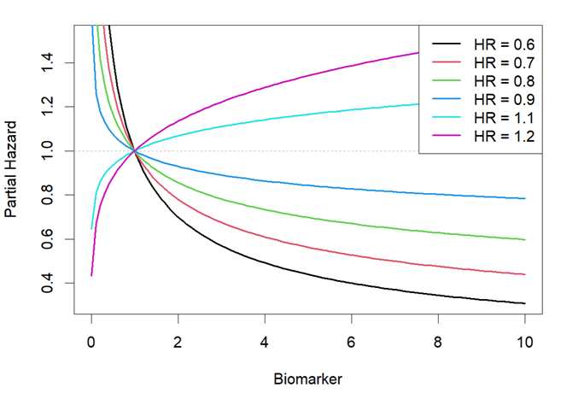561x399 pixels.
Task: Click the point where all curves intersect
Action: (134, 151)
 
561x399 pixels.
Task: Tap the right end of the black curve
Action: (524, 303)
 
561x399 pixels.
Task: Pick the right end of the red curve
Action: (524, 274)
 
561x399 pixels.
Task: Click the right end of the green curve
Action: (524, 240)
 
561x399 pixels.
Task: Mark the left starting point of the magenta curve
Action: (91, 275)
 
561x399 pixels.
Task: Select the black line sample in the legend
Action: (447, 43)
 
